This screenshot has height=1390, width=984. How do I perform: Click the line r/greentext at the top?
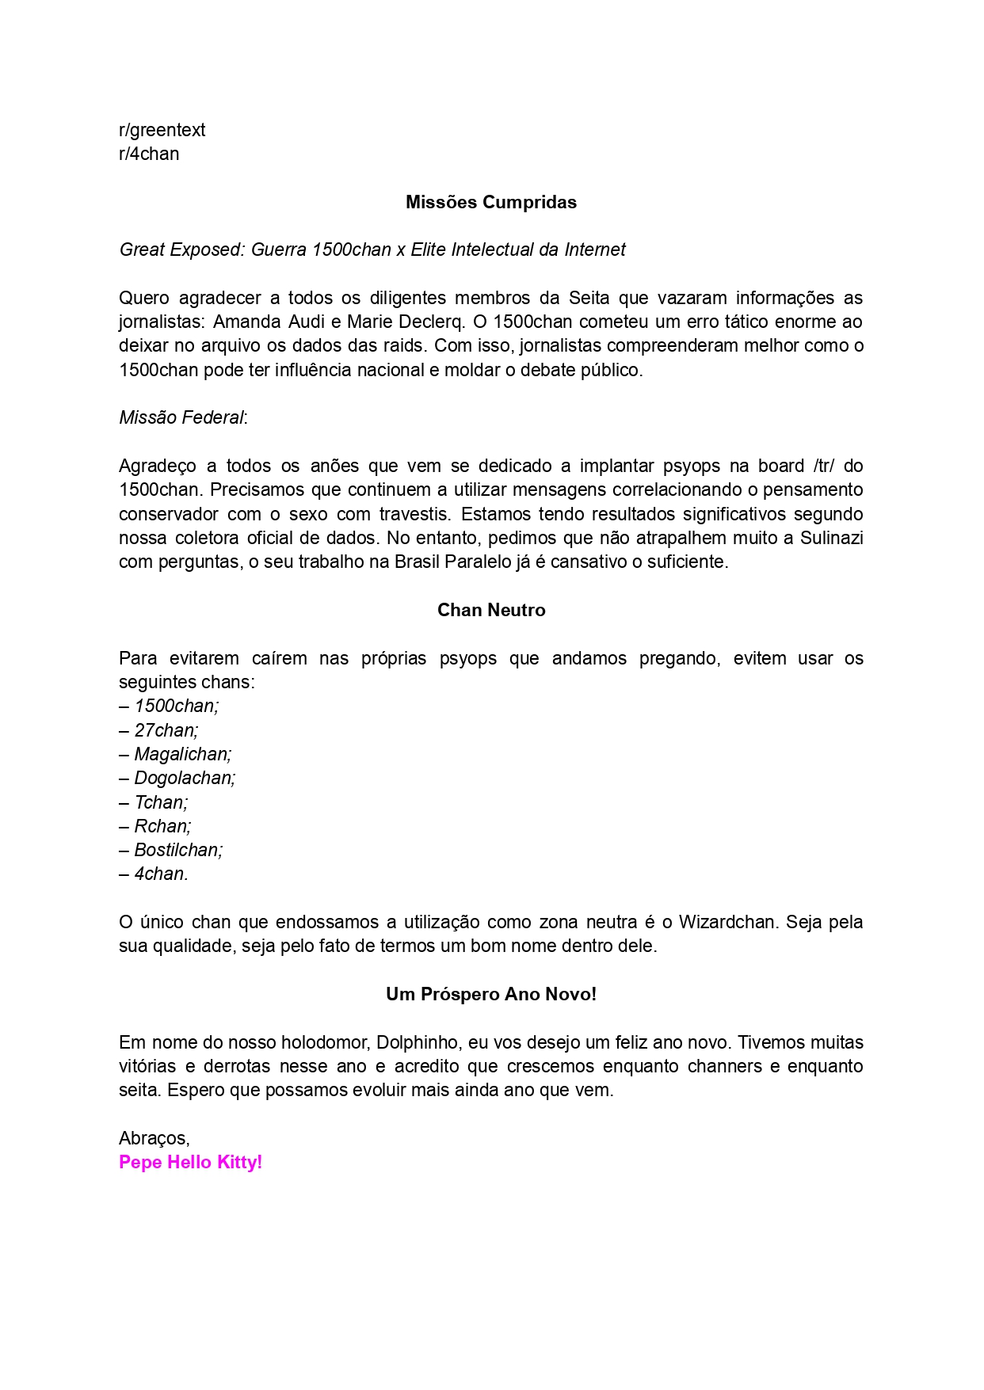point(162,130)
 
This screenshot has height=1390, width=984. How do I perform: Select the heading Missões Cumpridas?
point(491,202)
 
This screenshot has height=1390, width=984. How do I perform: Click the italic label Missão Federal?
point(181,417)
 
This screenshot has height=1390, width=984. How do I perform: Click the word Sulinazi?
point(830,538)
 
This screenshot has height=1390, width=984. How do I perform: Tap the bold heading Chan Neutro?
point(491,610)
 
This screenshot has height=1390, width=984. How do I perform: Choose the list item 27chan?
point(166,730)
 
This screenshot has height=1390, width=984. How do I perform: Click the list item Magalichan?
point(182,754)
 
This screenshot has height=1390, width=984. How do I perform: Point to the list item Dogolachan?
point(185,778)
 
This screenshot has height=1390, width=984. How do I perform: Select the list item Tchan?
point(161,802)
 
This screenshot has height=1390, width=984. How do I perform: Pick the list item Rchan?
point(162,826)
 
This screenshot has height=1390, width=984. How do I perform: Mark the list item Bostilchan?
point(178,850)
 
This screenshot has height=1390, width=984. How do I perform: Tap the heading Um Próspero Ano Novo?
point(491,994)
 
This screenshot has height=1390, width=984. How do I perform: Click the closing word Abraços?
point(154,1138)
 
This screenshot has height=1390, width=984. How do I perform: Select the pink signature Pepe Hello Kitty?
point(190,1162)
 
